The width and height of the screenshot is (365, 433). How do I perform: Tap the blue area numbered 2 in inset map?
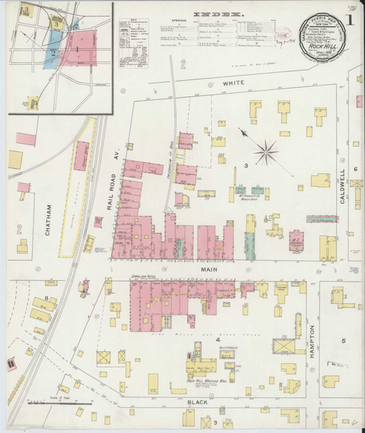(53, 53)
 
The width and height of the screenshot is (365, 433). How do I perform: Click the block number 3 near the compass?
(246, 167)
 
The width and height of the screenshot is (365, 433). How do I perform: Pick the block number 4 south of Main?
(216, 338)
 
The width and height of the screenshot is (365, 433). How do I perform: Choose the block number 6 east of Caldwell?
(356, 168)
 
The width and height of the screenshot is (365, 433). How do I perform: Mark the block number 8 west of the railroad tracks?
(47, 297)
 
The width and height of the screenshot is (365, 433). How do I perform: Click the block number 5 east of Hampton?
(344, 341)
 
